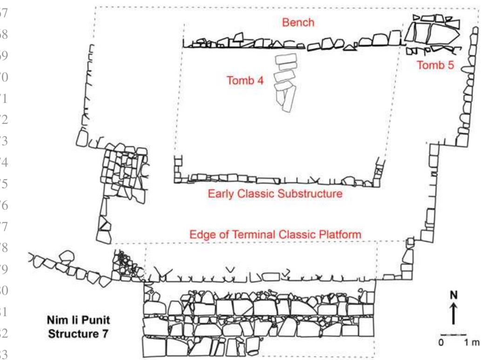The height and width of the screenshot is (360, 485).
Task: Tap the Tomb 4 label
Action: point(245,80)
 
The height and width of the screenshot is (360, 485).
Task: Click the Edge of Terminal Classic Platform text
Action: point(276,236)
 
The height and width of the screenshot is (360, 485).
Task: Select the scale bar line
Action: point(453,334)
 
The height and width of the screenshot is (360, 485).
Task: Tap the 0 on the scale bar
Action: point(441,343)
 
